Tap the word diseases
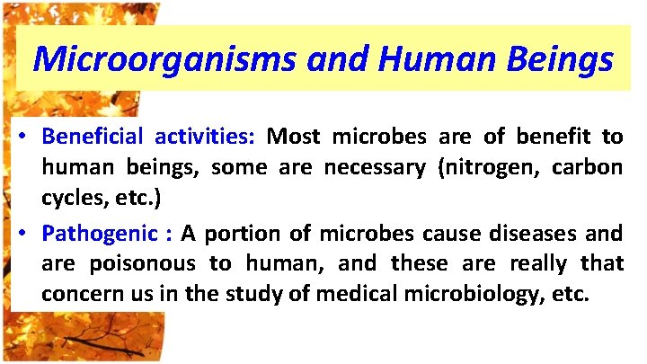[x=535, y=234]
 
